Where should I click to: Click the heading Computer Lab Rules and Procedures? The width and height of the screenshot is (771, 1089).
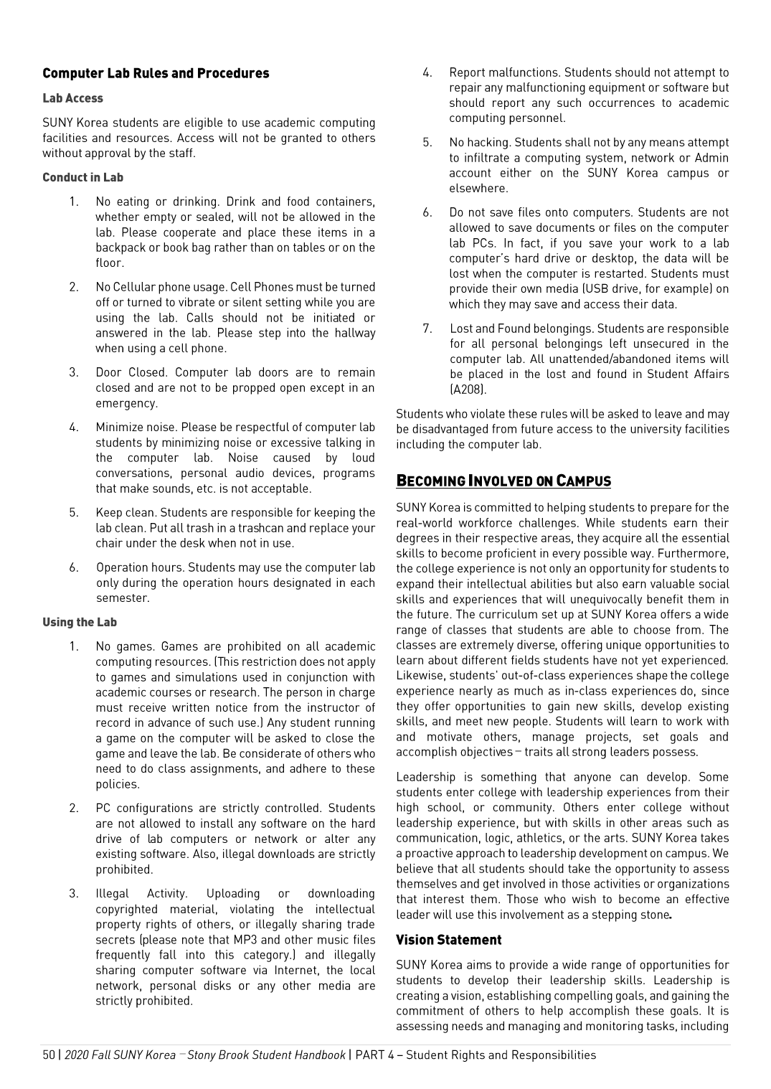pos(156,73)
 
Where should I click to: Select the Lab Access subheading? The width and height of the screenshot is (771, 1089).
pos(72,98)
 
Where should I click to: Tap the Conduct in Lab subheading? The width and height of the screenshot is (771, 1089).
pos(82,177)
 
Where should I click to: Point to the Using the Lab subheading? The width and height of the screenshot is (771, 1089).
pos(79,622)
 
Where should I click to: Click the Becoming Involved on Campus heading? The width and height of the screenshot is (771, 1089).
pos(503,481)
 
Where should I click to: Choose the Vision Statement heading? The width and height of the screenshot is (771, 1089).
pos(448,940)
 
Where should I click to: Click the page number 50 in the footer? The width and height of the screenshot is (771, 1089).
pos(49,1055)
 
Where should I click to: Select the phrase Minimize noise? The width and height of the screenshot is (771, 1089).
pos(136,428)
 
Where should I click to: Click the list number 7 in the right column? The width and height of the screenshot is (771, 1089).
pos(427,329)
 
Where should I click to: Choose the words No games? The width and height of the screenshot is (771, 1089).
pos(124,646)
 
